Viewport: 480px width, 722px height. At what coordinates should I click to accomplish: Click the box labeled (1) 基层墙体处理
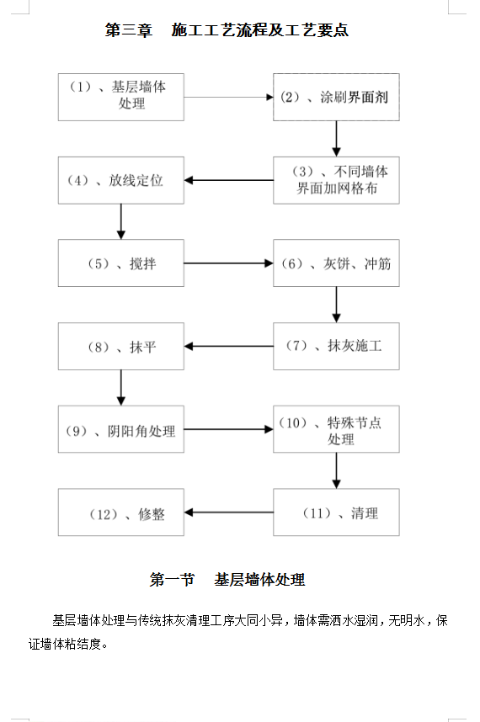click(x=121, y=97)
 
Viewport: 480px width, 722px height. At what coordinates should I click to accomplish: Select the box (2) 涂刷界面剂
click(x=336, y=97)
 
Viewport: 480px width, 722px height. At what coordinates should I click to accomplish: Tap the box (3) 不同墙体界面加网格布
click(x=336, y=180)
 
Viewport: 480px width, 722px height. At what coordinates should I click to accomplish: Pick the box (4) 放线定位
click(x=121, y=180)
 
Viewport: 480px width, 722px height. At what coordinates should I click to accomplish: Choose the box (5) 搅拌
click(x=121, y=263)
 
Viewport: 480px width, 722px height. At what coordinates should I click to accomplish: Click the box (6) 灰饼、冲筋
click(x=336, y=263)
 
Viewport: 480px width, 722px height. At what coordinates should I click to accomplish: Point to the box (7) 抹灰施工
click(x=336, y=346)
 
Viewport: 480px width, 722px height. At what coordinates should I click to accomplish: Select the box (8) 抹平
click(x=121, y=346)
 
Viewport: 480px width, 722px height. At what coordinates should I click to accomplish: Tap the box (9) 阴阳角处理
click(x=121, y=429)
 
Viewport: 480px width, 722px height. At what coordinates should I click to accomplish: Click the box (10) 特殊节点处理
click(x=336, y=429)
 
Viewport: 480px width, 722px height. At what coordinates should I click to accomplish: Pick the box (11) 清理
click(x=336, y=512)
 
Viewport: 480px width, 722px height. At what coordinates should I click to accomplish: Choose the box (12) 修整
click(x=121, y=512)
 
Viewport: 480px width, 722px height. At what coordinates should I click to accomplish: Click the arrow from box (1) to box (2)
click(x=229, y=97)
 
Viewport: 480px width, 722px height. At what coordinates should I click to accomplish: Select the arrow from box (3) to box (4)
click(x=229, y=180)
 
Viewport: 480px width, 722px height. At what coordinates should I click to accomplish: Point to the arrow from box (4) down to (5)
click(x=121, y=221)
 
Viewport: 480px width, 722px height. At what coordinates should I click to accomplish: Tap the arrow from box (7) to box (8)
click(x=229, y=346)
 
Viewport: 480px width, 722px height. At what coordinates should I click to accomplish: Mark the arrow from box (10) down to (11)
click(x=336, y=470)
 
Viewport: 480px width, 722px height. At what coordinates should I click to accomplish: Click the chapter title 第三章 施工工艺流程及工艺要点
click(x=227, y=30)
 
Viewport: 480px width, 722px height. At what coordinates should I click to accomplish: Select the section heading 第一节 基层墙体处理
click(x=227, y=580)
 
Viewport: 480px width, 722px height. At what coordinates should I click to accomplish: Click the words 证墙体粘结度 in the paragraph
click(x=65, y=644)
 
